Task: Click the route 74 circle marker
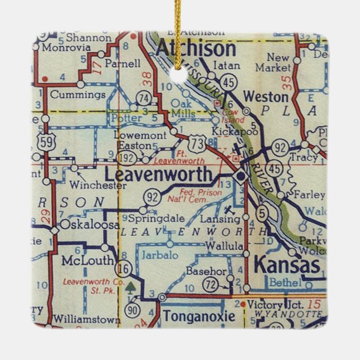tap(145, 97)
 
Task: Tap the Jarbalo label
tap(161, 255)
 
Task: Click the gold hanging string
tap(179, 28)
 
